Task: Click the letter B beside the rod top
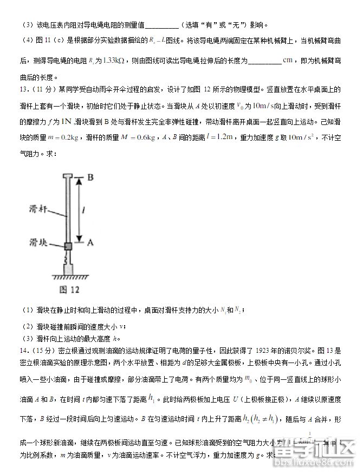[91, 177]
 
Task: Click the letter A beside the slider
[91, 244]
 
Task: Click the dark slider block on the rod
[68, 246]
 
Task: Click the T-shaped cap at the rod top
[68, 176]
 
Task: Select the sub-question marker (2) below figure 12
[28, 326]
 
